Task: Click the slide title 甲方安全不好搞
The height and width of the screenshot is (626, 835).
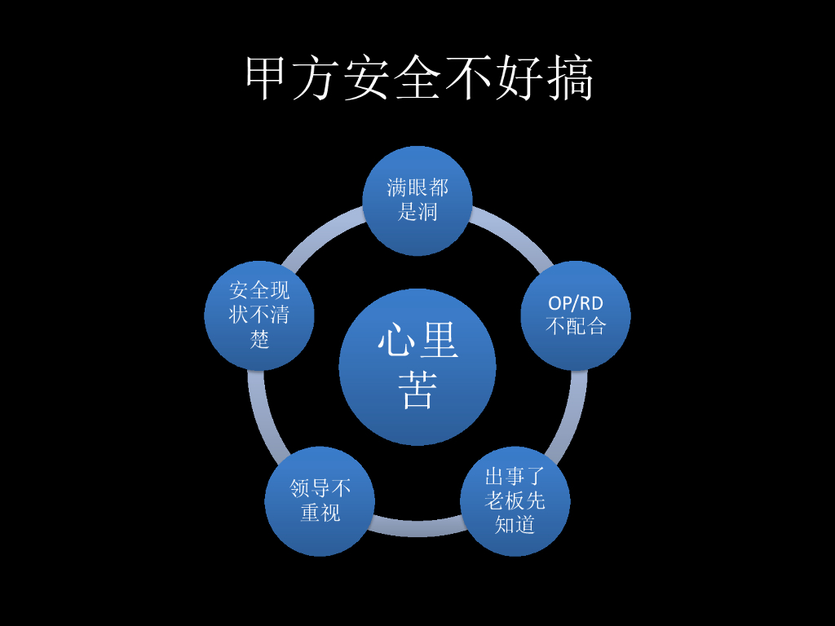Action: tap(419, 79)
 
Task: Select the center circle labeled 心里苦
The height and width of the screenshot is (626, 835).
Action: tap(417, 367)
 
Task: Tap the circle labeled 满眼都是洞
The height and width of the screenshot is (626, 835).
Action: tap(417, 201)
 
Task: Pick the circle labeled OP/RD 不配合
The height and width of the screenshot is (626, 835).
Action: tap(576, 315)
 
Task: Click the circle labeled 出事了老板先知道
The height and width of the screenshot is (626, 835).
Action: tap(515, 500)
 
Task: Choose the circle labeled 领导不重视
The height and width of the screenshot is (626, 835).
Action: tap(320, 500)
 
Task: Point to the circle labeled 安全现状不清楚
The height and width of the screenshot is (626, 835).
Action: tap(259, 315)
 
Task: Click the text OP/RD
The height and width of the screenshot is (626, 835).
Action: tap(576, 303)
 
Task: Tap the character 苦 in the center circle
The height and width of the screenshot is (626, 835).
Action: tap(417, 391)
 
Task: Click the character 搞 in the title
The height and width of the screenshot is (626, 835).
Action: tap(570, 79)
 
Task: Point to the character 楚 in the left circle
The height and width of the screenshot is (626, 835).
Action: tap(259, 339)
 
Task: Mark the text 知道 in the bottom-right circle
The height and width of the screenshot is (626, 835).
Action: tap(515, 525)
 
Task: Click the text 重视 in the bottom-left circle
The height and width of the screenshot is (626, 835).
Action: tap(320, 513)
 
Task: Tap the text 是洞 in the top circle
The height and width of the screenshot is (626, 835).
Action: tap(417, 213)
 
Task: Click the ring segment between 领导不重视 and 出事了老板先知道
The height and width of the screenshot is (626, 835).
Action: tap(417, 530)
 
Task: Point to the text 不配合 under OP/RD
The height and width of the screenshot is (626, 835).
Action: tap(576, 327)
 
